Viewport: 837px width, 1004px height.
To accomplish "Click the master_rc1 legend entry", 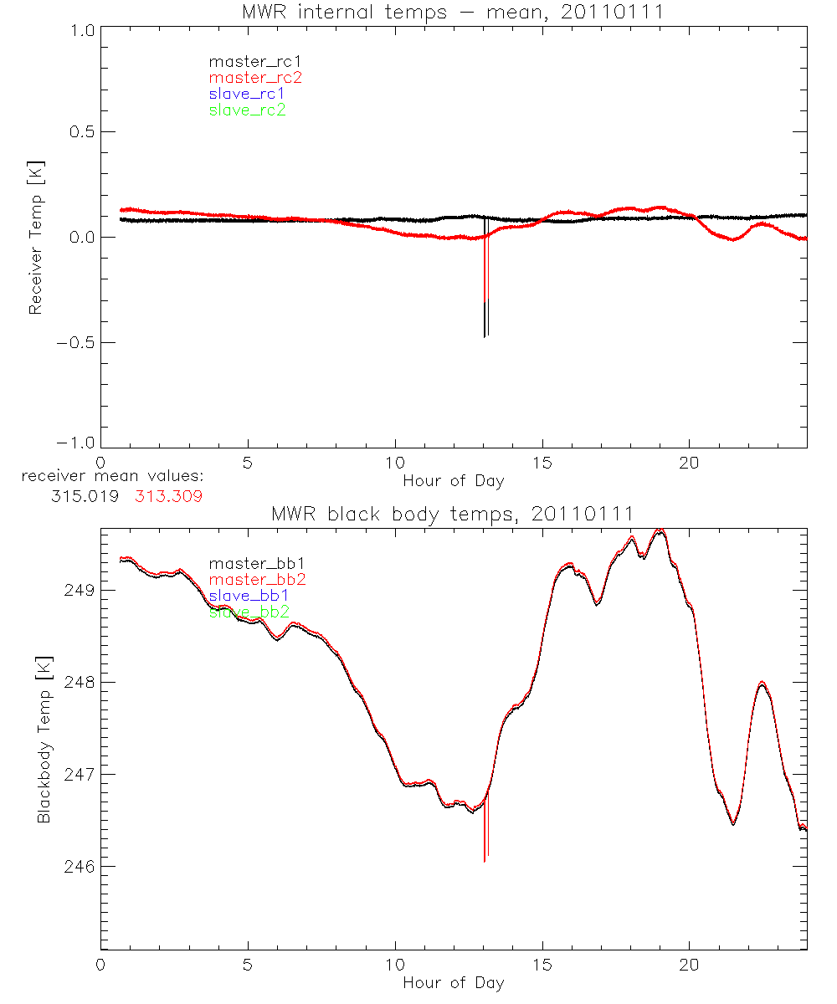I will [247, 62].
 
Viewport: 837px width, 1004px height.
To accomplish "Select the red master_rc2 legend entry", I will [255, 78].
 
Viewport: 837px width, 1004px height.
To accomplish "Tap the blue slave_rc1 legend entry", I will [247, 94].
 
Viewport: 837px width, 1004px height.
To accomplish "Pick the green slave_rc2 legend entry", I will [247, 110].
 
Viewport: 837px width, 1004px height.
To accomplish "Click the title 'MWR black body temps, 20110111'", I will [453, 513].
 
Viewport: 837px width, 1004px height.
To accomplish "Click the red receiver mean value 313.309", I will [168, 495].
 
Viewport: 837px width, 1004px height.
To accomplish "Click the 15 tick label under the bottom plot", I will [543, 965].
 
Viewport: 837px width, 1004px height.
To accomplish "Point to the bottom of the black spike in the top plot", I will [485, 337].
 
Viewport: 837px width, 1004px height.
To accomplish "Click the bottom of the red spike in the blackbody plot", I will [485, 861].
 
